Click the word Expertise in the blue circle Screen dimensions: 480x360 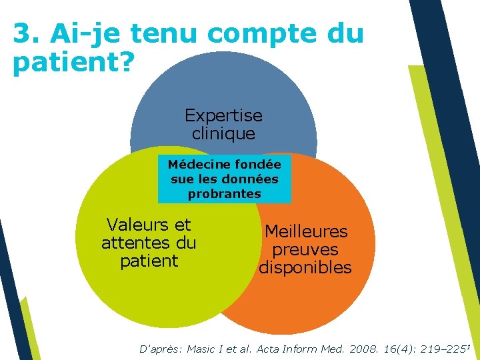(x=223, y=115)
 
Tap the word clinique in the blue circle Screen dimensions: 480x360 (x=223, y=133)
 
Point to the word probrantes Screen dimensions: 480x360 (x=224, y=194)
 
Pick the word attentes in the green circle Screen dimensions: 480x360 (x=131, y=243)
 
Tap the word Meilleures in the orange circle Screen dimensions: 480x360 (x=306, y=231)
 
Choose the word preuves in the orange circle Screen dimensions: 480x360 (x=305, y=250)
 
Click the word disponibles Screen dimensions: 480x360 (x=305, y=268)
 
